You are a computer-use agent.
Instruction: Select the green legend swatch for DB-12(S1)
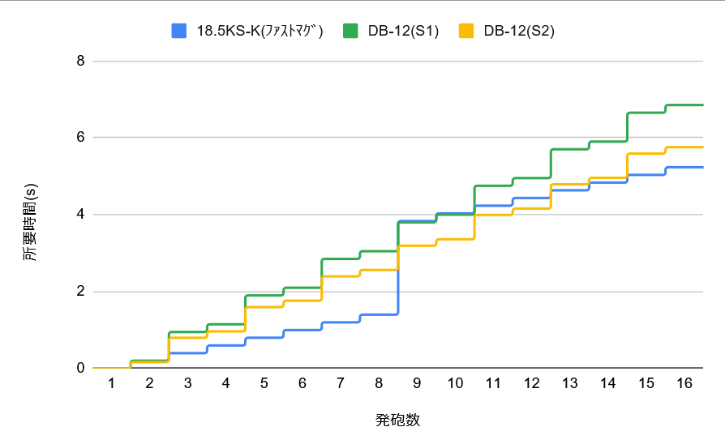tap(350, 32)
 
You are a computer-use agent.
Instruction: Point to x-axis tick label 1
tap(112, 382)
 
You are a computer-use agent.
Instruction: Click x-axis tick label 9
tap(417, 382)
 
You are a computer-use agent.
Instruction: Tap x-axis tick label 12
tap(531, 382)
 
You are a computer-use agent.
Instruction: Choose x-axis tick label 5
tap(264, 382)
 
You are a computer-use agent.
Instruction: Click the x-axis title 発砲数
tap(397, 420)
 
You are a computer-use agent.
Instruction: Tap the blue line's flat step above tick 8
tap(379, 314)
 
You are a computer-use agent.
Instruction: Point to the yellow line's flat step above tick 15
tap(646, 153)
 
